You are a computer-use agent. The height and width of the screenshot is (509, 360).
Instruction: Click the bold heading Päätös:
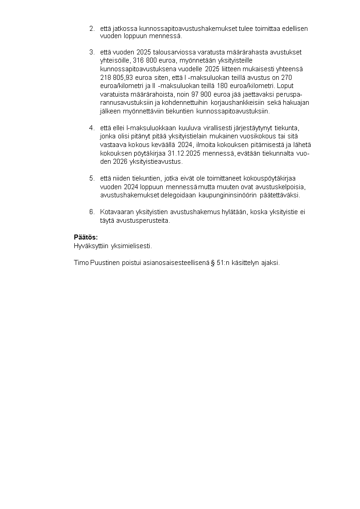coord(86,237)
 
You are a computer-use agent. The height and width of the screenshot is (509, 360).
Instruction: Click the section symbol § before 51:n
coord(212,263)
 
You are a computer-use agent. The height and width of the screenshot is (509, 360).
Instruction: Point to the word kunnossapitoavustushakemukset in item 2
coord(176,29)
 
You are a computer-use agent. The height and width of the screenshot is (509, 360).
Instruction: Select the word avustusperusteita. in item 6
coord(144,221)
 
